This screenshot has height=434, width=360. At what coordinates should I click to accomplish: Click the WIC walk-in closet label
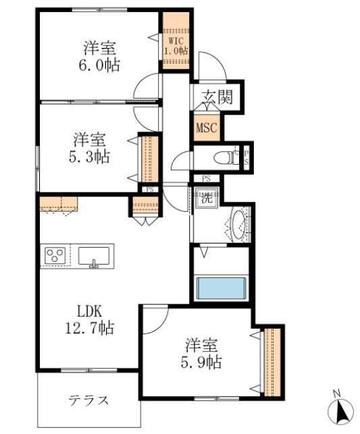(x=178, y=45)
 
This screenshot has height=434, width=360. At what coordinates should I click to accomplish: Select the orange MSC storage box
(x=206, y=128)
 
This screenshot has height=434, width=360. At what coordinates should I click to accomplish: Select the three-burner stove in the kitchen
(x=55, y=256)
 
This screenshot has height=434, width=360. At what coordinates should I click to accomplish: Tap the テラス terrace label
(x=88, y=400)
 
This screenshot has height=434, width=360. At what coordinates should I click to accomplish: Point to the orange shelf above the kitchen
(x=59, y=203)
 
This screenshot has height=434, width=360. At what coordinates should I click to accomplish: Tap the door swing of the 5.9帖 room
(x=152, y=320)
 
